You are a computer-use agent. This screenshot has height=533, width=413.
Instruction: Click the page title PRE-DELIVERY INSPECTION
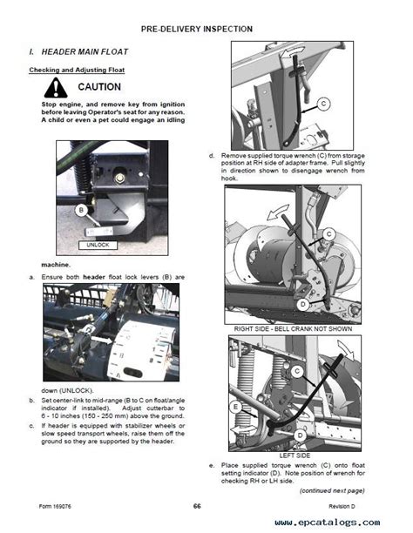click(x=197, y=30)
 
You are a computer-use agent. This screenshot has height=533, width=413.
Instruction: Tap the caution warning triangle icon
click(x=56, y=88)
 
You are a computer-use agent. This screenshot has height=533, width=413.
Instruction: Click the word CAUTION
click(x=99, y=87)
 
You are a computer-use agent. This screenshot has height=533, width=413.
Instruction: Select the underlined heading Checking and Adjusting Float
click(x=77, y=70)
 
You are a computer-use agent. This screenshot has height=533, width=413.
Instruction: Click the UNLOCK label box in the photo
click(x=98, y=245)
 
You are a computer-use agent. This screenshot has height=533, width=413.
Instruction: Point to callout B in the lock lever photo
click(x=81, y=210)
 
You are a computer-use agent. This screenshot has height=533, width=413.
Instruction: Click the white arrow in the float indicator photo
click(x=103, y=340)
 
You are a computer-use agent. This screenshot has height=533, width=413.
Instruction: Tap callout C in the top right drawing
click(x=323, y=104)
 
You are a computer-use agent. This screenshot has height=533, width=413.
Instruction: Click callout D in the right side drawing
click(x=302, y=305)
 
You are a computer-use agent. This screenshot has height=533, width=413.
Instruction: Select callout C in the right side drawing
click(x=328, y=234)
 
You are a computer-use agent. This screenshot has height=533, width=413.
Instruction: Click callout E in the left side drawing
click(x=235, y=407)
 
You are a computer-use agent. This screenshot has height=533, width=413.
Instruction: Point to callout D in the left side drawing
click(x=300, y=435)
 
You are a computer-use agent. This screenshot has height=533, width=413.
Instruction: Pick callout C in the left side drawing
click(x=297, y=371)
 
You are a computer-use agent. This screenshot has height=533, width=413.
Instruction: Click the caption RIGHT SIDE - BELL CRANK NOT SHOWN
click(x=293, y=328)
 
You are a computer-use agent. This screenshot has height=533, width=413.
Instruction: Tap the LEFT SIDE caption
click(x=295, y=455)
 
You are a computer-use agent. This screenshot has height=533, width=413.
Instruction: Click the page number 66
click(x=197, y=506)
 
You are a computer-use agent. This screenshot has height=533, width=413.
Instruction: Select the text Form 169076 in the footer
click(x=55, y=507)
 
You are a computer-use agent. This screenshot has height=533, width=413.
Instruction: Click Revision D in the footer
click(x=342, y=507)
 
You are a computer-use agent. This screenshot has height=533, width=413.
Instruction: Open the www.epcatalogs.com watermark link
click(x=328, y=523)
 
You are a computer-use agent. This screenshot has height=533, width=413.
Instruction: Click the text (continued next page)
click(x=332, y=490)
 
